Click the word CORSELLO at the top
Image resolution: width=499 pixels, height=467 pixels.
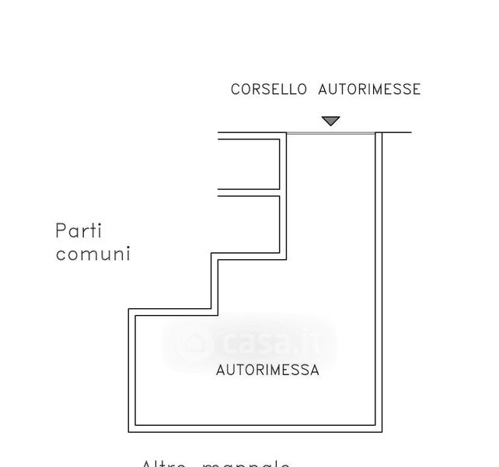270,90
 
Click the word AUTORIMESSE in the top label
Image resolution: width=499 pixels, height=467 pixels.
369,90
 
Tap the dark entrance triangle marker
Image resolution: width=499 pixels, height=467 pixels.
331,121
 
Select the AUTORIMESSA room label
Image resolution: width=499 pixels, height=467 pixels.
267,370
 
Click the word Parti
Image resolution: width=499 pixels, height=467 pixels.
79,231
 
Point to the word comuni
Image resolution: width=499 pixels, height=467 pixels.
92,255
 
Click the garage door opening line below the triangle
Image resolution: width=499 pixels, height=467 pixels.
331,133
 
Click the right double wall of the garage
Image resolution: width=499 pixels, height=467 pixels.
379,280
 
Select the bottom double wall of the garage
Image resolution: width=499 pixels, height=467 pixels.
256,428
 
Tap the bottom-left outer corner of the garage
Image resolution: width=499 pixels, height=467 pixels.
129,431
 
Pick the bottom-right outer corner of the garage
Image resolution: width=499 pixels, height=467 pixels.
382,431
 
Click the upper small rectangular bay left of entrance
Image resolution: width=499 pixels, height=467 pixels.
249,163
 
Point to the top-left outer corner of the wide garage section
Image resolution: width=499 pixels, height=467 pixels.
129,310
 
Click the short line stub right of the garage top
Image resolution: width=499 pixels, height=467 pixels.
397,132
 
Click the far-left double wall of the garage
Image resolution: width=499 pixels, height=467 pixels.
132,370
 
